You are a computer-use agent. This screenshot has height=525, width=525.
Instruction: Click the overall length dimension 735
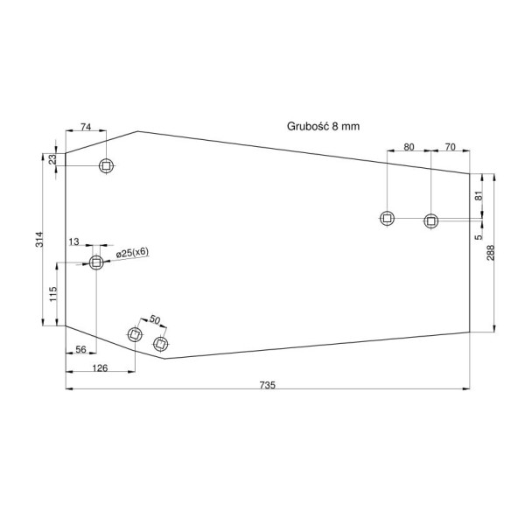[x=267, y=385]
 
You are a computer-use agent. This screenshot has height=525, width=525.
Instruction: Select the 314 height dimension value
[x=39, y=239]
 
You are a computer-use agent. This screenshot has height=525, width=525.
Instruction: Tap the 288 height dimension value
[x=490, y=253]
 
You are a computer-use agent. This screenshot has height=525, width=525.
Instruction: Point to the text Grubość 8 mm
[x=323, y=126]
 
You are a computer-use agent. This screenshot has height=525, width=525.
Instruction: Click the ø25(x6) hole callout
[x=132, y=253]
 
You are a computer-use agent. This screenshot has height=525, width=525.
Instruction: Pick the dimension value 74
[x=86, y=127]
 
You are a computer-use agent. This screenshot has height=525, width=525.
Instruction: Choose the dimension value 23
[x=52, y=159]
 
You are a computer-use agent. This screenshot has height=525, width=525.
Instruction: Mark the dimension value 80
[x=409, y=147]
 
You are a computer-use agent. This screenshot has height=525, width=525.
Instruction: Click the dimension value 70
[x=451, y=147]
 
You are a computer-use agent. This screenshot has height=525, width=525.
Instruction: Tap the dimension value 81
[x=479, y=195]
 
